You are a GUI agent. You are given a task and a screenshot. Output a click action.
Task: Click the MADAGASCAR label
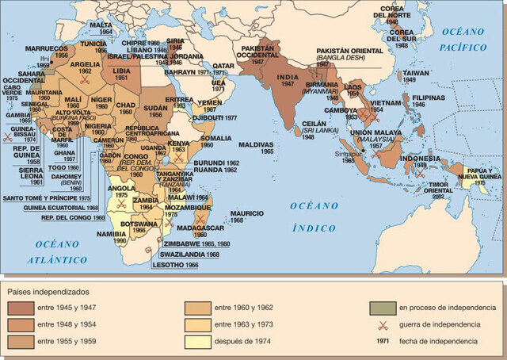200,227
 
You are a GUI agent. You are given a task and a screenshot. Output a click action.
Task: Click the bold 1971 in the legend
384,341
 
